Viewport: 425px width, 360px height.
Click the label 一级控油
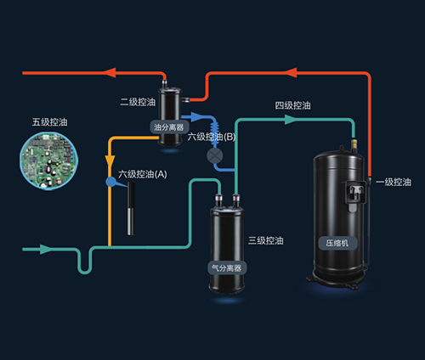click(x=394, y=182)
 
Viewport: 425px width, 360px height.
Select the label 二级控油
click(x=138, y=102)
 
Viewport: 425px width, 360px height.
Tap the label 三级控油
click(x=266, y=240)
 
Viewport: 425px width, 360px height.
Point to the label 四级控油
click(x=293, y=105)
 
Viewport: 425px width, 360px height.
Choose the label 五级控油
click(x=49, y=122)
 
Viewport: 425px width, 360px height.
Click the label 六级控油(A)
click(x=143, y=174)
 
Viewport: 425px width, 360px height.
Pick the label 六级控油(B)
click(x=212, y=137)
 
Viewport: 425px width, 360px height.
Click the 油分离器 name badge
click(x=169, y=127)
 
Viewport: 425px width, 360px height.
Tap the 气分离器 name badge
click(x=227, y=267)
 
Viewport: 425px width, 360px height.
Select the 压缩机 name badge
click(x=337, y=243)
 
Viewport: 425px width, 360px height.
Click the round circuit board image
click(x=48, y=160)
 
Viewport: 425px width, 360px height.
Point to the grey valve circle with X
click(x=215, y=155)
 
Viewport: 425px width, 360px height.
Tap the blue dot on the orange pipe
click(x=110, y=182)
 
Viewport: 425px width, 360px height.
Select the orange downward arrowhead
click(x=110, y=160)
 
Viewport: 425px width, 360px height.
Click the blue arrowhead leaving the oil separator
click(x=195, y=116)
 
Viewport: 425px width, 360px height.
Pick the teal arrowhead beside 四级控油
click(x=290, y=120)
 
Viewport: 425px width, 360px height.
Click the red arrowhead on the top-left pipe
click(x=110, y=73)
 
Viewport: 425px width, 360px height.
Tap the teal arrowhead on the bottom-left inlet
click(x=45, y=250)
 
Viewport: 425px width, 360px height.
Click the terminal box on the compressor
click(x=354, y=193)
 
